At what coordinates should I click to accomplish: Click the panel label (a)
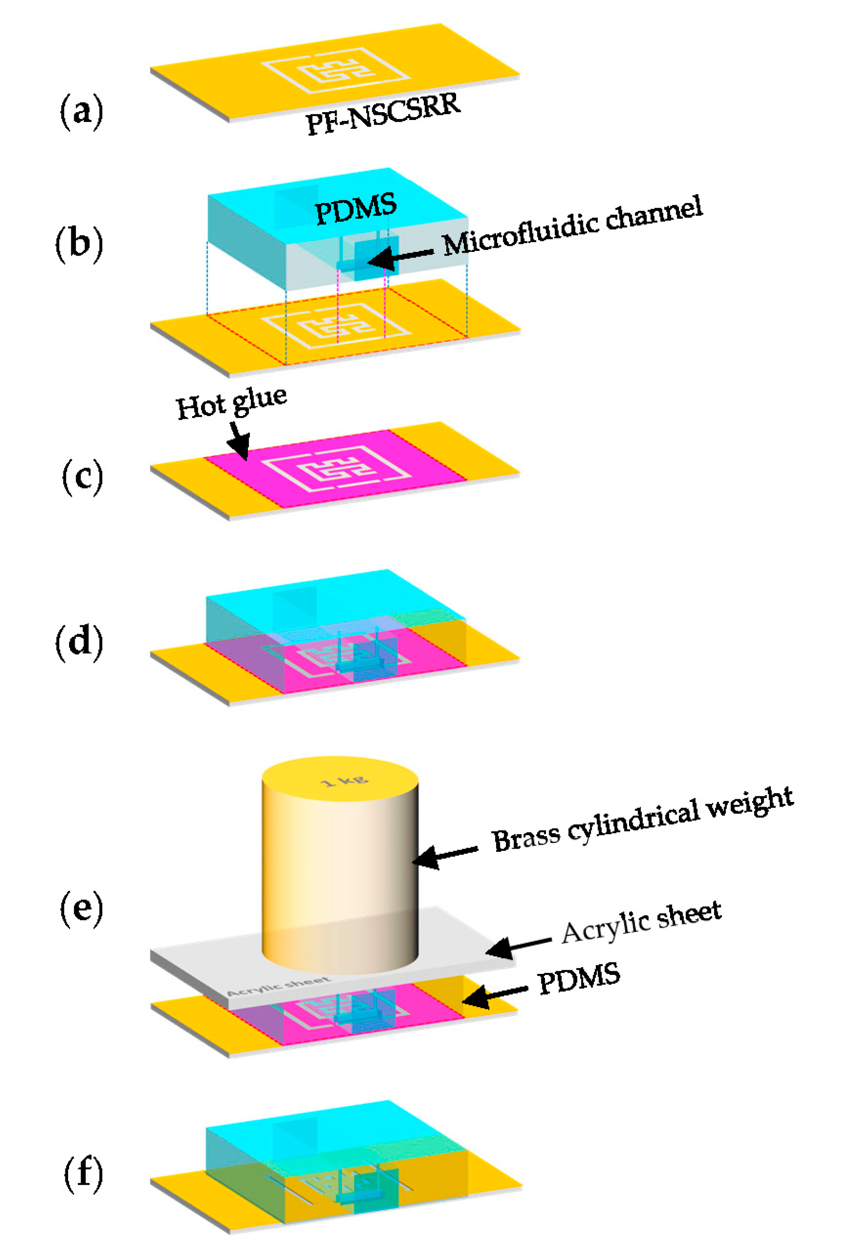tap(81, 111)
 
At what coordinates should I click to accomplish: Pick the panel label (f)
tap(83, 1174)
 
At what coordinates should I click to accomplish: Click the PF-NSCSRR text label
tap(383, 114)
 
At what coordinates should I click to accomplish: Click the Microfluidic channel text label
tap(572, 226)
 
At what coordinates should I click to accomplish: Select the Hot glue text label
tap(231, 404)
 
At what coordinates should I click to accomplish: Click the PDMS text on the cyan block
tap(356, 209)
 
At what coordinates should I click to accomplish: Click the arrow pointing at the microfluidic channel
tap(400, 257)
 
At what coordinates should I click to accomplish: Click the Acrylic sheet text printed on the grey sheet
tap(278, 986)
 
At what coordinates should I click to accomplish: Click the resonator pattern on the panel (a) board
tap(336, 71)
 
